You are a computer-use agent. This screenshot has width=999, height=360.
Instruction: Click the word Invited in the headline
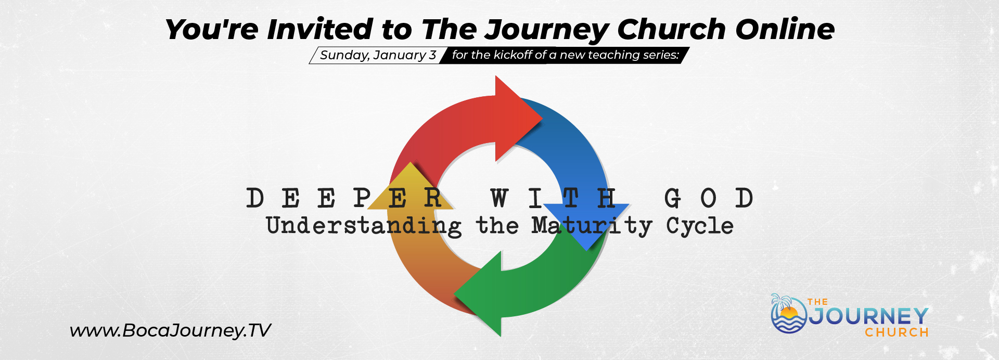pos(320,29)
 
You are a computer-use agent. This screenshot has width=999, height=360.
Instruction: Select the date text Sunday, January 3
pos(378,55)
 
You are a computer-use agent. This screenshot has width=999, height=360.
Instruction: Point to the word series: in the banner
pos(660,55)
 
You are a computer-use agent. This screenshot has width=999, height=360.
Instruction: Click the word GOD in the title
pos(709,198)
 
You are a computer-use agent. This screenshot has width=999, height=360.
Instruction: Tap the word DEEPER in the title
pos(344,198)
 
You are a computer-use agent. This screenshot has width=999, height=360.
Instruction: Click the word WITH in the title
pos(553,198)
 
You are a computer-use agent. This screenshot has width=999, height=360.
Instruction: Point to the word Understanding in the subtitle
pos(364,226)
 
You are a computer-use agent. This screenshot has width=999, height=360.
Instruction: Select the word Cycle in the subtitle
pos(700,226)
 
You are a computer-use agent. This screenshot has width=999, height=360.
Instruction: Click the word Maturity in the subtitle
pos(592,226)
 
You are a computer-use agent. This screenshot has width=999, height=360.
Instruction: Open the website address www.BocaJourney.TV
pos(170,330)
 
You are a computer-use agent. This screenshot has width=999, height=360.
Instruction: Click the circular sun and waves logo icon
pos(788,314)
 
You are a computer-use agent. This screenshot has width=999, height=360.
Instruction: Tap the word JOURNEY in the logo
pos(868,316)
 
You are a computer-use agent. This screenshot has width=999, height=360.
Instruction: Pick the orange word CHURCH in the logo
pos(897,332)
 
